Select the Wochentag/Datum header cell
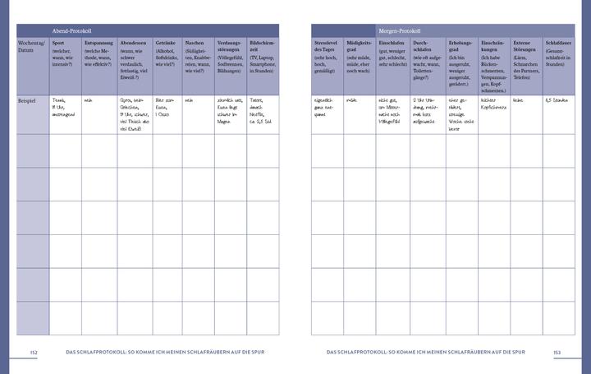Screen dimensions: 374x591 (x=32, y=46)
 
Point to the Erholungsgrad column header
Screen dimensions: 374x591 (x=462, y=46)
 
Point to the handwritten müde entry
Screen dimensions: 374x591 (x=352, y=99)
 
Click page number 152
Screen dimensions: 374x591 (x=34, y=353)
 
